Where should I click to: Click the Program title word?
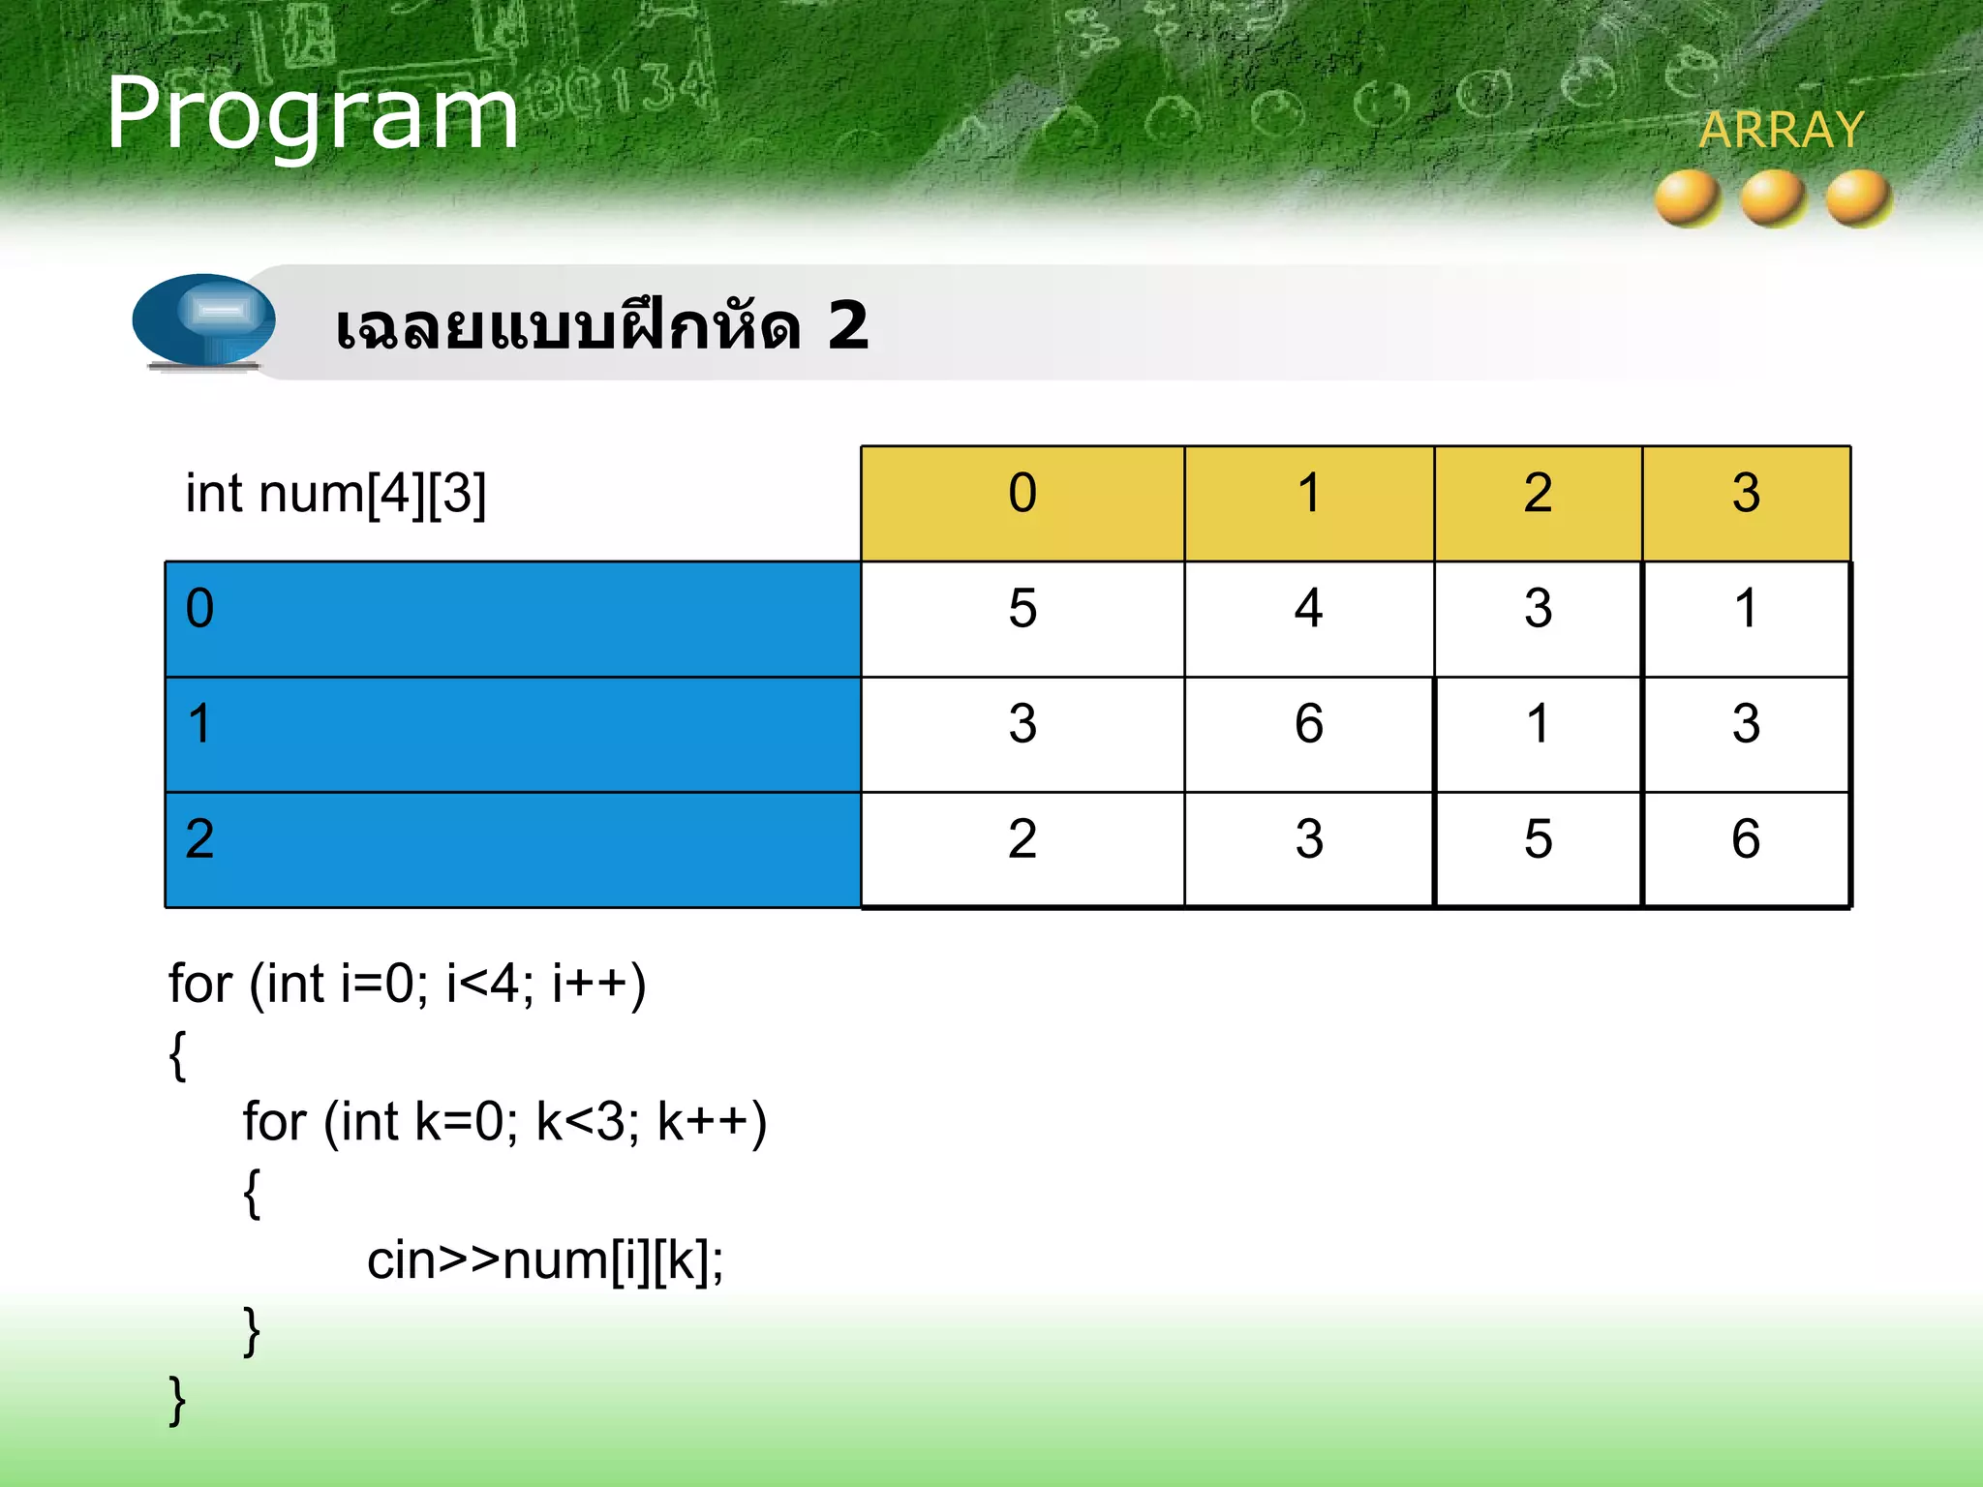tap(312, 114)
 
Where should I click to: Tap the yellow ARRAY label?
tap(1781, 130)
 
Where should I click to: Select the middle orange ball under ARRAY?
tap(1772, 197)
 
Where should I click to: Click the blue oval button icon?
tap(204, 319)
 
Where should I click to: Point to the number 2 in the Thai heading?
tap(847, 326)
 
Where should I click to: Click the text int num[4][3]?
tap(335, 494)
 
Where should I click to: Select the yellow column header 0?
tap(1022, 494)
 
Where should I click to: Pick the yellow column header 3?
tap(1745, 494)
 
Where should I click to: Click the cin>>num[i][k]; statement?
tap(544, 1260)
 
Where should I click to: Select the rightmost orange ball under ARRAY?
tap(1858, 197)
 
